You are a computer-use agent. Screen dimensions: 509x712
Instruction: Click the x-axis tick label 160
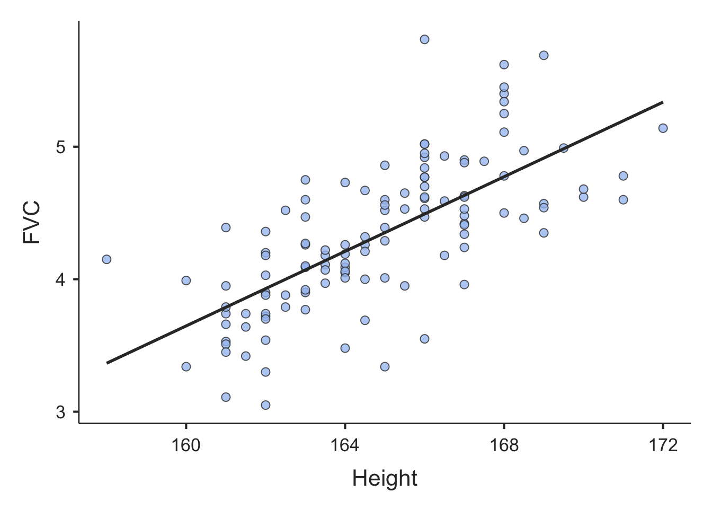pos(186,445)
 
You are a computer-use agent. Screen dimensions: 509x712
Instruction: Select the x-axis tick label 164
pos(345,445)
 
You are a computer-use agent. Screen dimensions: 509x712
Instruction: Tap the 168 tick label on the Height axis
pos(504,445)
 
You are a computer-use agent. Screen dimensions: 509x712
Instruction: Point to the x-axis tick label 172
pos(663,445)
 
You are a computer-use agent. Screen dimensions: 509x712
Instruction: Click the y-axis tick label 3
pos(60,412)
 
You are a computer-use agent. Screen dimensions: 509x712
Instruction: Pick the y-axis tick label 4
pos(60,279)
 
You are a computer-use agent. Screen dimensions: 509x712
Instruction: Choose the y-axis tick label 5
pos(60,147)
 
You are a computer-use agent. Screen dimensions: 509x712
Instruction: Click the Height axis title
pos(385,479)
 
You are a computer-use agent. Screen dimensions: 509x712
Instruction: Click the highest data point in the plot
pos(424,39)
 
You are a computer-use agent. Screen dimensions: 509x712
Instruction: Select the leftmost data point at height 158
pos(106,259)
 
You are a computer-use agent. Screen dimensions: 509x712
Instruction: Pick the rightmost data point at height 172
pos(663,128)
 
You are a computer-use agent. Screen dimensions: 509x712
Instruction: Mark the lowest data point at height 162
pos(265,405)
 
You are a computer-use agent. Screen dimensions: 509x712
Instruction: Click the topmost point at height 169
pos(544,55)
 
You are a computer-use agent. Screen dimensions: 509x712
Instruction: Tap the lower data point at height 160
pos(186,366)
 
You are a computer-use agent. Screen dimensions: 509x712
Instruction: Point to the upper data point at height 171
pos(623,175)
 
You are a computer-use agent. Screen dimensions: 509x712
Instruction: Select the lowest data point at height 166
pos(424,339)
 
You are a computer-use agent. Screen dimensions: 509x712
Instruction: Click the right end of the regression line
pos(663,102)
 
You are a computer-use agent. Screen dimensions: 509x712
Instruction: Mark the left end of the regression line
pos(107,363)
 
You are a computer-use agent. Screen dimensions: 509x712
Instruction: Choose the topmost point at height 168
pos(504,65)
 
